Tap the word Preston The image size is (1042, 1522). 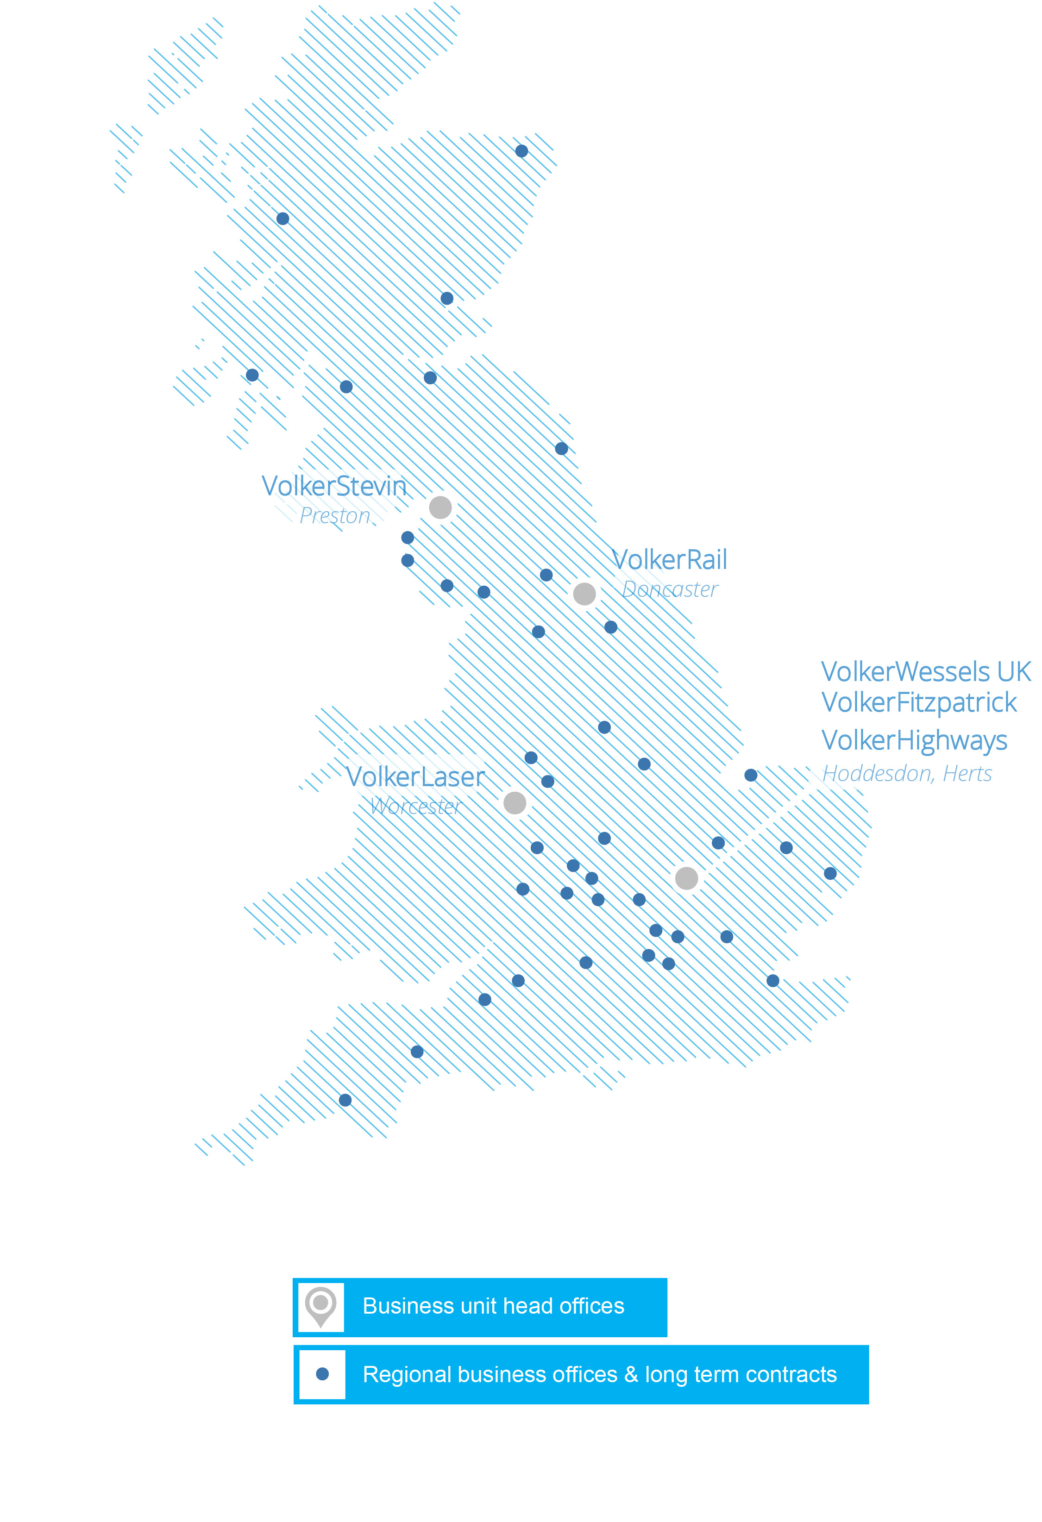coord(335,516)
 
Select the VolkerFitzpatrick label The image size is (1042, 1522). coord(919,703)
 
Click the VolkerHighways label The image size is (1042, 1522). coord(914,741)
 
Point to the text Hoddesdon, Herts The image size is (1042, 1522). coord(907,774)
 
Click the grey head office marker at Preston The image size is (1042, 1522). coord(440,507)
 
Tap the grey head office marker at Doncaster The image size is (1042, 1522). coord(584,594)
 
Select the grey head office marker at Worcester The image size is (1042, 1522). coord(515,803)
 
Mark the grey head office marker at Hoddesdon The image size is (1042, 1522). coord(686,878)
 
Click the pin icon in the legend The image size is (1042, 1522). coord(321,1307)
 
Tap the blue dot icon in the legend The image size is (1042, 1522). coord(322,1374)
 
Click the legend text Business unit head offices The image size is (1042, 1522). coord(493,1307)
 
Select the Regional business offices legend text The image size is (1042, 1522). coord(599,1375)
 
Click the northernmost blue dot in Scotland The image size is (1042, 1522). coord(521,151)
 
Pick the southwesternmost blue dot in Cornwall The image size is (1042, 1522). coord(345,1100)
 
